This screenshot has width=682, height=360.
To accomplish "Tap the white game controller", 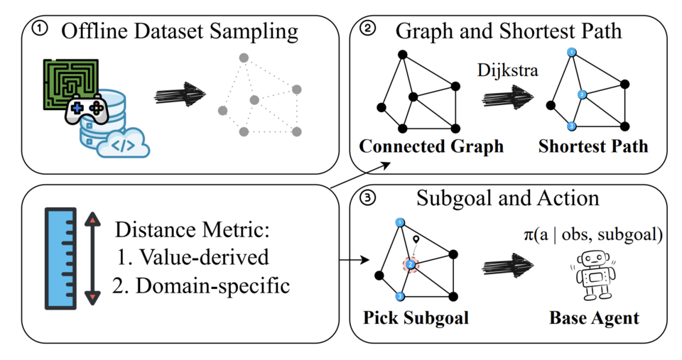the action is pyautogui.click(x=87, y=109).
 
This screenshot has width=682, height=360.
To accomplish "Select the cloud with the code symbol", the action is pyautogui.click(x=123, y=143).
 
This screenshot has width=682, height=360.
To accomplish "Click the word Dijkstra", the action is pyautogui.click(x=507, y=70).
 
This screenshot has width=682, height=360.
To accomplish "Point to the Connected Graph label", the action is pyautogui.click(x=431, y=146).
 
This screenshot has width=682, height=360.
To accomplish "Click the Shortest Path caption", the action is pyautogui.click(x=593, y=146).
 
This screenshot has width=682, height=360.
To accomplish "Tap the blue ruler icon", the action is pyautogui.click(x=61, y=258).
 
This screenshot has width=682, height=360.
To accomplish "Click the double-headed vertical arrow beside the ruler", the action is pyautogui.click(x=92, y=258).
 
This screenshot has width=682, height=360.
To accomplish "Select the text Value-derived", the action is pyautogui.click(x=204, y=257).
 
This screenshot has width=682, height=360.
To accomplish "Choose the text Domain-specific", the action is pyautogui.click(x=212, y=286).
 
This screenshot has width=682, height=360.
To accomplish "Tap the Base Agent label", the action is pyautogui.click(x=594, y=318).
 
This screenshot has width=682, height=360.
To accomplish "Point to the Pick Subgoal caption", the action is pyautogui.click(x=416, y=318).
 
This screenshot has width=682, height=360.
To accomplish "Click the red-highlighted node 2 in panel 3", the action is pyautogui.click(x=410, y=264).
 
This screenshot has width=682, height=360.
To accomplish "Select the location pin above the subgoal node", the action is pyautogui.click(x=416, y=240).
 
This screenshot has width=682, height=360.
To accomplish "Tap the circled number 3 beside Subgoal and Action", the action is pyautogui.click(x=368, y=198).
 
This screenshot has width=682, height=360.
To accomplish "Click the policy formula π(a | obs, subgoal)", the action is pyautogui.click(x=593, y=234).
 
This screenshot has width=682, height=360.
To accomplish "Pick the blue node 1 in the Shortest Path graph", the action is pyautogui.click(x=572, y=53).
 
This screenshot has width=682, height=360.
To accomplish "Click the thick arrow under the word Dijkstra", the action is pyautogui.click(x=507, y=96).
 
